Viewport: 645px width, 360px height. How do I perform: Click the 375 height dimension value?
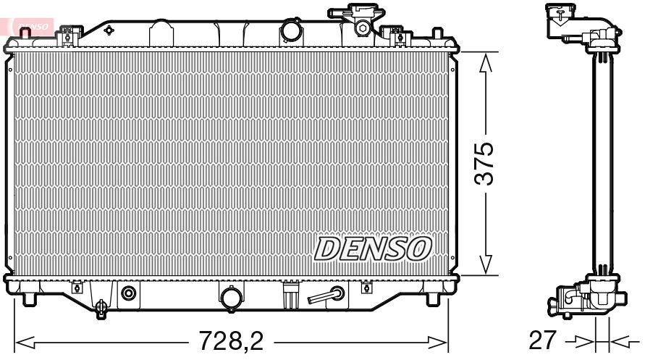click(486, 164)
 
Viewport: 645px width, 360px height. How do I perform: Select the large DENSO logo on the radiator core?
click(373, 248)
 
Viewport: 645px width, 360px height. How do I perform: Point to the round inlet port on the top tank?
click(291, 32)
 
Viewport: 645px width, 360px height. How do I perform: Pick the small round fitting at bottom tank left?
click(129, 293)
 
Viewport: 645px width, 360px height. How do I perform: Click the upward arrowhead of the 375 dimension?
click(486, 62)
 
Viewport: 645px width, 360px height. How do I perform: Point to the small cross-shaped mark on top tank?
click(109, 30)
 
